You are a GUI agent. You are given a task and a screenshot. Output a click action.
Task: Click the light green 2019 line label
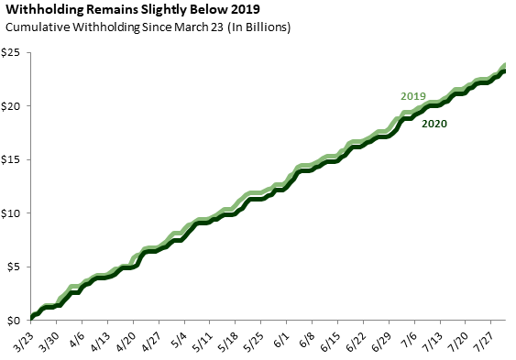tap(413, 96)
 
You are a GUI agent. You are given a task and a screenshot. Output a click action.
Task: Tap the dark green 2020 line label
tap(434, 124)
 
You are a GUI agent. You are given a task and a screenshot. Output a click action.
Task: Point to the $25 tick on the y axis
tap(10, 52)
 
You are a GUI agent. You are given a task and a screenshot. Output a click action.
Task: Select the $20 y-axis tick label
tap(10, 106)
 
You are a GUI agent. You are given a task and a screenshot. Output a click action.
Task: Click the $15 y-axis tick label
tap(10, 159)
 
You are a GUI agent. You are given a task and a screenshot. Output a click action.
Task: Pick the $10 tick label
tap(10, 213)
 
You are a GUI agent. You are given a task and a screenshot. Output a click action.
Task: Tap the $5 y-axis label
tap(13, 267)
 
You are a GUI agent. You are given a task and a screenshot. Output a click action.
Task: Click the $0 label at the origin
tap(13, 321)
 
